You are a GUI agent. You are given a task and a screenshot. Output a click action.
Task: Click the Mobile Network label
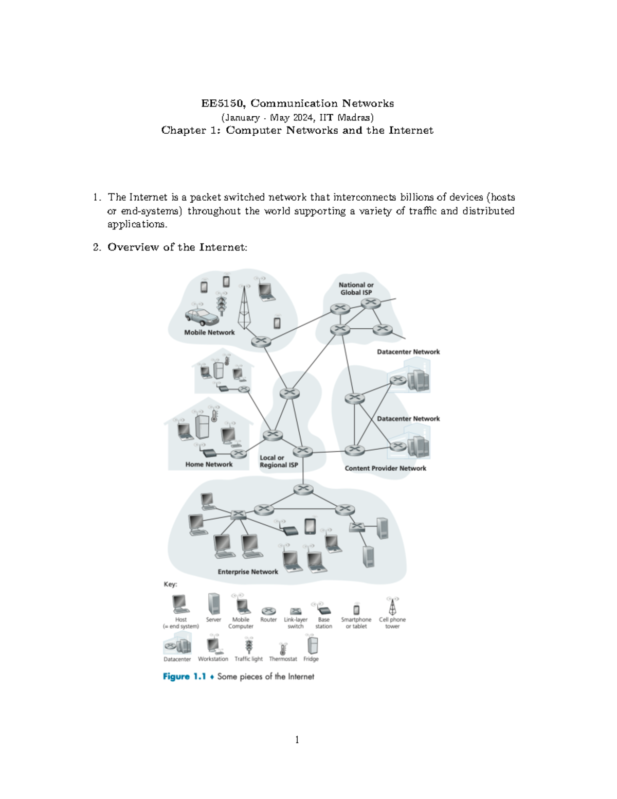(x=209, y=332)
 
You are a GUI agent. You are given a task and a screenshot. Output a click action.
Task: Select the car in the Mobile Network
(x=202, y=317)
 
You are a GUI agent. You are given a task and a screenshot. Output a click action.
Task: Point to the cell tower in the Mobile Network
(x=244, y=309)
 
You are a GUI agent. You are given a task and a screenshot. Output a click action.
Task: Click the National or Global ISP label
(x=356, y=289)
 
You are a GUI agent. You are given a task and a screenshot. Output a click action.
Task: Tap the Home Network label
(x=209, y=464)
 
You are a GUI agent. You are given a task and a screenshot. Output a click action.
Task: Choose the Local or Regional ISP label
(x=278, y=461)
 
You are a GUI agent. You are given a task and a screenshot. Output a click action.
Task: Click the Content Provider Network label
(x=385, y=468)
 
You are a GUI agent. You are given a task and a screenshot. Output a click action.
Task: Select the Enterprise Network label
(x=247, y=572)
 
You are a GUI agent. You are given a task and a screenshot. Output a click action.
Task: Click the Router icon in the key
(x=268, y=611)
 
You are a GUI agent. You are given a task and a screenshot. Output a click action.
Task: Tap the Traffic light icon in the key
(x=249, y=645)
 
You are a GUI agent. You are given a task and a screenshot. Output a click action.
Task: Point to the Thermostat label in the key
(x=283, y=659)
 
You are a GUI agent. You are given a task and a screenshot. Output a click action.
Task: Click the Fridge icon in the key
(x=312, y=645)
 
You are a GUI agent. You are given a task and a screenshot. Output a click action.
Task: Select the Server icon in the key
(x=213, y=604)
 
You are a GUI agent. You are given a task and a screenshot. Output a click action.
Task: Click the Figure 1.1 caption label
(x=184, y=677)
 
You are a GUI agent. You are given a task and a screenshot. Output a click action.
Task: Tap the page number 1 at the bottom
(x=297, y=740)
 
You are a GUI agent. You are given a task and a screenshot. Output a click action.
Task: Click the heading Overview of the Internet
(x=177, y=247)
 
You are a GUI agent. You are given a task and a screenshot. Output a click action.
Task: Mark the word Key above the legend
(x=170, y=584)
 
